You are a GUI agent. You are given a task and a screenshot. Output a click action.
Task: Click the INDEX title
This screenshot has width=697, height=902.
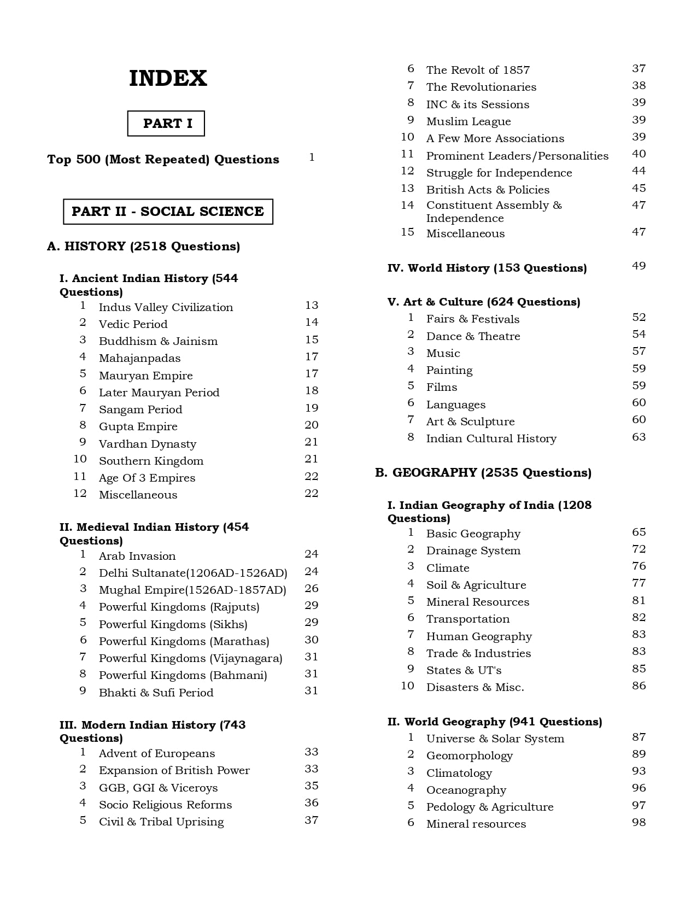pos(168,79)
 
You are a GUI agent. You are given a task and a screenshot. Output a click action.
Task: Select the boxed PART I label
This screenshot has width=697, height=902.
pos(166,124)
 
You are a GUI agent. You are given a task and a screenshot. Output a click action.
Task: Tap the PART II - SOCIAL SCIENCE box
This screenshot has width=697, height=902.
pos(168,212)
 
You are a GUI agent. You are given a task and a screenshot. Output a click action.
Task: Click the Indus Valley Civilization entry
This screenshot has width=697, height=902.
pos(166,307)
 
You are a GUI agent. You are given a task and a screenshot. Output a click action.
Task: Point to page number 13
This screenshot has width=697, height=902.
pos(312,306)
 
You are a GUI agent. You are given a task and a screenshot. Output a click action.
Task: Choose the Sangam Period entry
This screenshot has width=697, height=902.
pos(140,409)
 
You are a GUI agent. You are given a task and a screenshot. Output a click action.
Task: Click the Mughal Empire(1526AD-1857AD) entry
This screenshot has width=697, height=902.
pos(192,590)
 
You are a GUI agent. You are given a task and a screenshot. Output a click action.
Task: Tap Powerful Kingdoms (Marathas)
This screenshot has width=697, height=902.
pos(184,641)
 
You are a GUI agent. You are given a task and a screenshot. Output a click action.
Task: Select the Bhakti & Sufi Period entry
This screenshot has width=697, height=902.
pos(156,693)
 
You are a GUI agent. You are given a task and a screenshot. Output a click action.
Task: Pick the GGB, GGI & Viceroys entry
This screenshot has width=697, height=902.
pos(158,788)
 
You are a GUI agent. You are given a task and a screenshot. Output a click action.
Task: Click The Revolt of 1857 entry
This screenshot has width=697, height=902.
pos(478,70)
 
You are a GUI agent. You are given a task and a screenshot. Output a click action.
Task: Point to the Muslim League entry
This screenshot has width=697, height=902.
pos(468,121)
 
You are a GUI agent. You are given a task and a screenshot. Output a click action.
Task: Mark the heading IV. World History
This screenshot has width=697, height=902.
pos(487,268)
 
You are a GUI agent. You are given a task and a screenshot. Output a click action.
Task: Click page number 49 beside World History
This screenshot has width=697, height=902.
pos(639,266)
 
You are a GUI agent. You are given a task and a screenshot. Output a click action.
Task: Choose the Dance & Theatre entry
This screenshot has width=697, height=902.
pos(473,336)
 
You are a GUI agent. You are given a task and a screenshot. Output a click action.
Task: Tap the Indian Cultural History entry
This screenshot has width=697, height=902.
pos(491,438)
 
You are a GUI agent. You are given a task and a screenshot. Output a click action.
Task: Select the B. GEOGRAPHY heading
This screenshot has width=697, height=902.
pos(483,473)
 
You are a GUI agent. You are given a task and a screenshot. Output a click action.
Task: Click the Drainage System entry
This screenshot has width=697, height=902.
pos(473,550)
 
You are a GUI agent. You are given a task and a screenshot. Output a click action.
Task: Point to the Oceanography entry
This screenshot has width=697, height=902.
pos(466,790)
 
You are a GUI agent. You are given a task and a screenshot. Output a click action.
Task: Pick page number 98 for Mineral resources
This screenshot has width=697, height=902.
pos(639,822)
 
